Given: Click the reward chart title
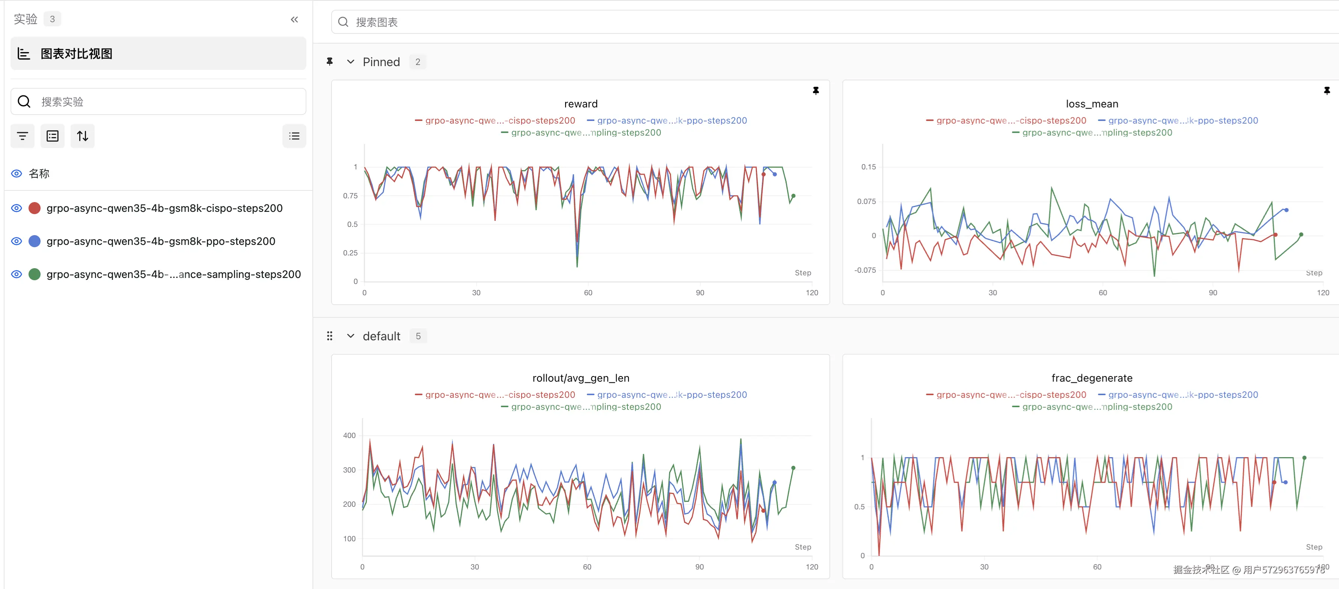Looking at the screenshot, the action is pos(581,104).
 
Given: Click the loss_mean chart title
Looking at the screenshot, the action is pos(1092,104).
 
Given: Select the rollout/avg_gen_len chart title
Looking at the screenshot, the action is pos(581,378).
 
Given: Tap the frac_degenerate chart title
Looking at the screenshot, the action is pos(1092,378).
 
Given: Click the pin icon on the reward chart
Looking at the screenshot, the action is pos(816,91).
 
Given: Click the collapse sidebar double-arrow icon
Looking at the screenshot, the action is pos(294,20).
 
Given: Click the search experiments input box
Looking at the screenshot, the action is pos(158,101).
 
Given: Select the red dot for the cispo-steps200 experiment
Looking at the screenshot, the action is pos(34,208).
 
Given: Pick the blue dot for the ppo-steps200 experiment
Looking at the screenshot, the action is pos(34,241).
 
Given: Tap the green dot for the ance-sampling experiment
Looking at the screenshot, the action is pos(34,274).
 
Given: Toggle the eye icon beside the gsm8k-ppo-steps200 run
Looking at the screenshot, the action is pos(17,241).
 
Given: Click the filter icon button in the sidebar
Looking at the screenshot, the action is pos(23,136).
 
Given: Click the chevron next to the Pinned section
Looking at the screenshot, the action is pos(351,62).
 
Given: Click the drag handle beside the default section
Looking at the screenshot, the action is pos(330,336).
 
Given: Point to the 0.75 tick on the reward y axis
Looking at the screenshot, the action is pos(350,196).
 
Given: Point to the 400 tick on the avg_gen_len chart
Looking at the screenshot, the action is pos(349,436).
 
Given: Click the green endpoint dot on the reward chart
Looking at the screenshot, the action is pos(793,196).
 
